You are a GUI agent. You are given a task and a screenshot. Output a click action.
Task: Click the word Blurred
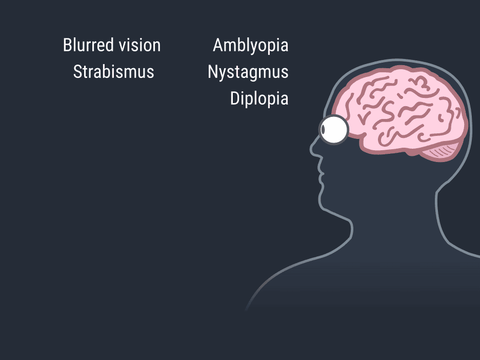89,45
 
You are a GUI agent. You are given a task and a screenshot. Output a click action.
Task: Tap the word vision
139,45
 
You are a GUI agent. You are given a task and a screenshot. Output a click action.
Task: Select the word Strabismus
113,72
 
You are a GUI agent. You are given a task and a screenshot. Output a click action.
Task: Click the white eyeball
334,130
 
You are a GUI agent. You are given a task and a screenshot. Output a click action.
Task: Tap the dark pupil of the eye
323,130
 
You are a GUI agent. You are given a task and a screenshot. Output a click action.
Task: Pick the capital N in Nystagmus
212,72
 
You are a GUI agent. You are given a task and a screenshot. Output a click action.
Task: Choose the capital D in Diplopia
234,98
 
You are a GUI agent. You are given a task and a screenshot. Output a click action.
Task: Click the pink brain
401,110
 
